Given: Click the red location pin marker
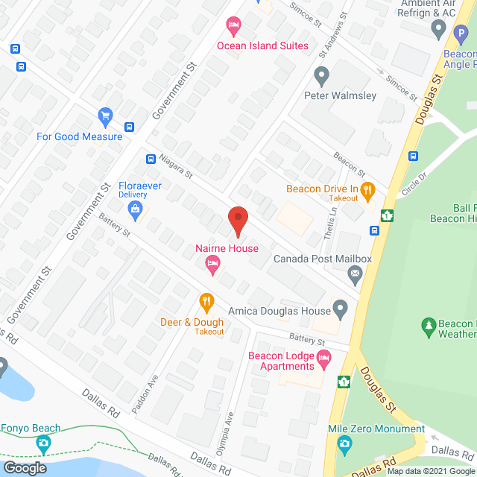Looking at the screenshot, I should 238,221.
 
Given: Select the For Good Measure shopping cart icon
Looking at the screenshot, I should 105,117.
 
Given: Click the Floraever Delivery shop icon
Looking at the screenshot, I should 135,211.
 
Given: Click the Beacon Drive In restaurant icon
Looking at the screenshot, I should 367,190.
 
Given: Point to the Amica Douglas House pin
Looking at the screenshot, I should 341,306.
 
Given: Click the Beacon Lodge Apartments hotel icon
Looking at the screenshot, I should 324,361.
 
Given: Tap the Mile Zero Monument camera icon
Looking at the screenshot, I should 344,445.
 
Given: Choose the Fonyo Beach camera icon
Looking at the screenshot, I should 44,444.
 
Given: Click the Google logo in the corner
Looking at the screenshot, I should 25,467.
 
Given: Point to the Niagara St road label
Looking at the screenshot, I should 176,166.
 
